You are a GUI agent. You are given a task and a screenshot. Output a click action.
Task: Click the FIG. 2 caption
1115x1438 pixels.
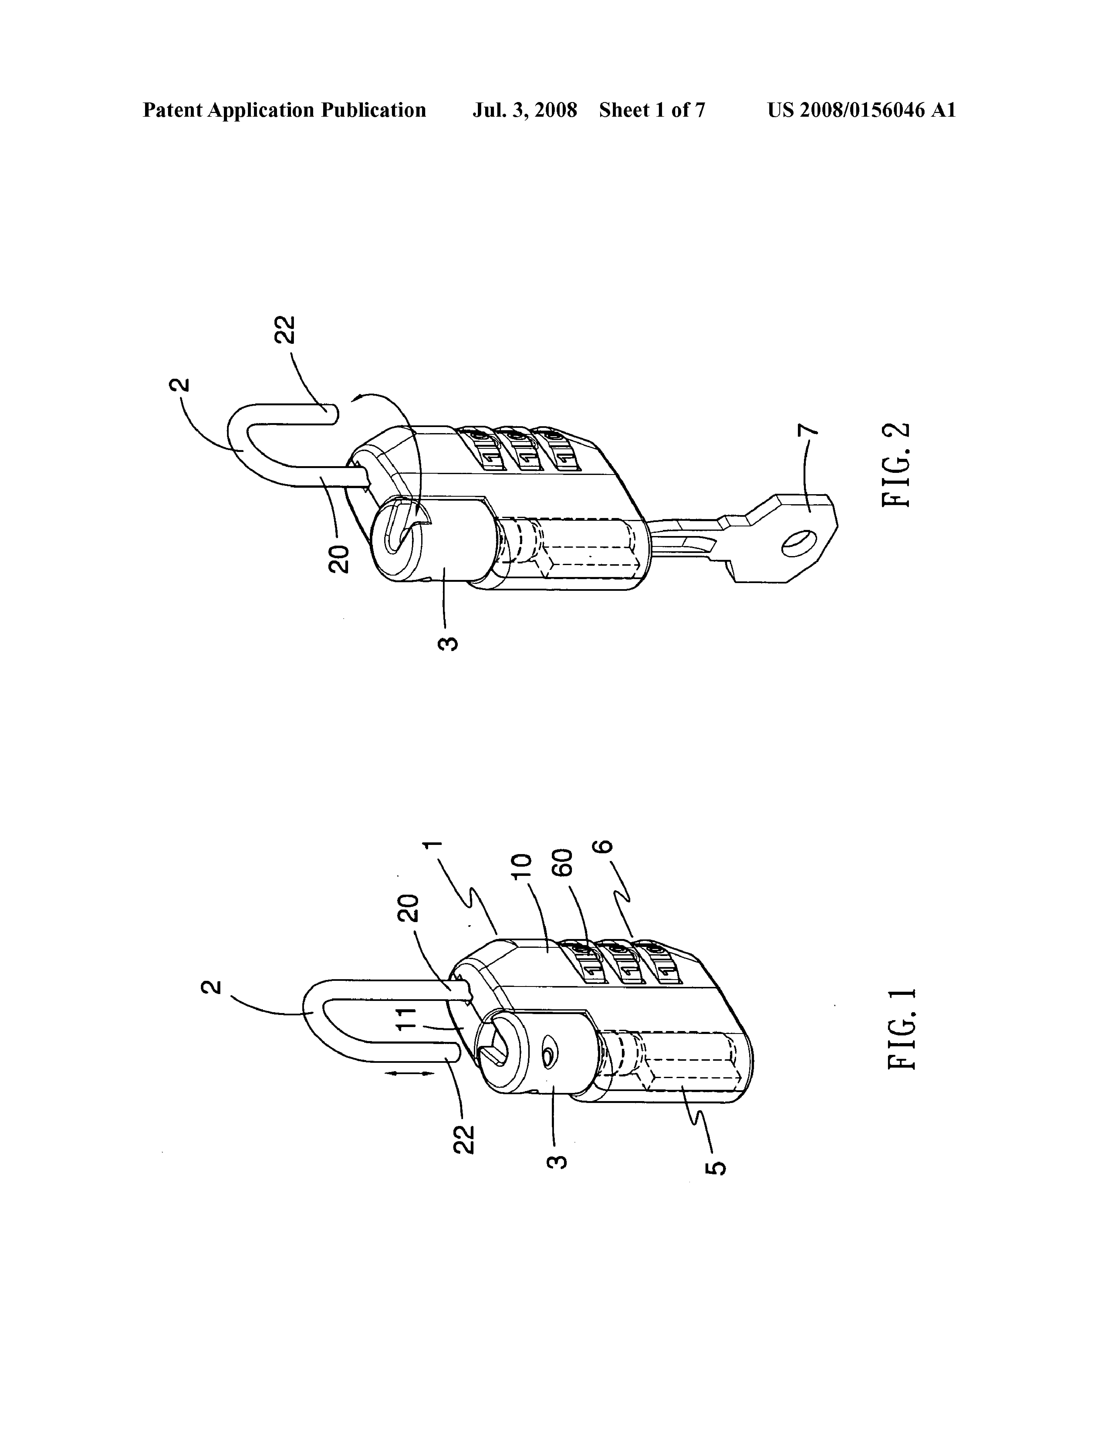897,464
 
